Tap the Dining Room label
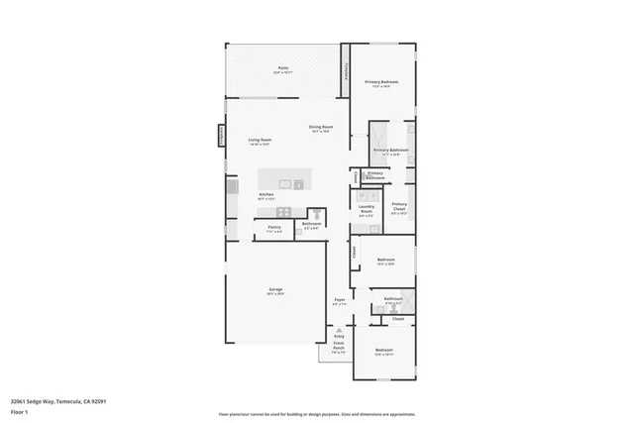(x=320, y=128)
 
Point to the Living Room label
(x=260, y=142)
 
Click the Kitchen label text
(x=266, y=195)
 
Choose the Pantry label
(x=273, y=229)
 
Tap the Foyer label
(x=339, y=300)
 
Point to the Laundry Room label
(x=366, y=209)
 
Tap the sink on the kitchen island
(x=297, y=183)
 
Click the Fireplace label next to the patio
(x=347, y=72)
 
